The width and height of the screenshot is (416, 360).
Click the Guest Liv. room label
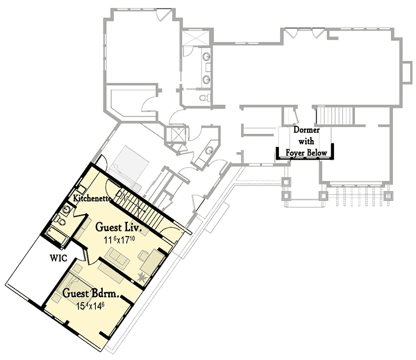click(x=118, y=227)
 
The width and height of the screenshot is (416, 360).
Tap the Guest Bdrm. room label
click(x=91, y=293)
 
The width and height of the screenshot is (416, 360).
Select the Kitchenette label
click(x=92, y=198)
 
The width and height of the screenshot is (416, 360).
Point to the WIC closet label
click(x=59, y=258)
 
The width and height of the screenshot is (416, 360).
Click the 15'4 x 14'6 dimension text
click(x=90, y=306)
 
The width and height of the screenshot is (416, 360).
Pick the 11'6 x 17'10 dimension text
click(x=119, y=240)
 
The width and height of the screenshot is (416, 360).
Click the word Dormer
click(x=306, y=130)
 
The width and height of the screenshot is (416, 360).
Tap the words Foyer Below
click(x=306, y=153)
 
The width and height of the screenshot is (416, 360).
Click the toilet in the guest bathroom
click(x=60, y=220)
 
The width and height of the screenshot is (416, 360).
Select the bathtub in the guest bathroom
click(x=57, y=235)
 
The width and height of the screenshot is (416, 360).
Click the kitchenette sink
click(x=81, y=189)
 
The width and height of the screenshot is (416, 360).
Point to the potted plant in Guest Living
click(x=142, y=277)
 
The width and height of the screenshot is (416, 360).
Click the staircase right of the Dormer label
click(x=335, y=116)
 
